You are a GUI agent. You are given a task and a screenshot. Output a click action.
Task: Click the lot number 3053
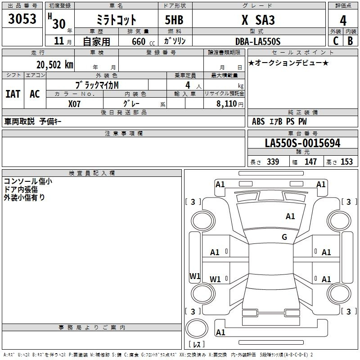(22, 19)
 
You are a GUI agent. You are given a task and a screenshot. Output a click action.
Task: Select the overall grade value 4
(343, 21)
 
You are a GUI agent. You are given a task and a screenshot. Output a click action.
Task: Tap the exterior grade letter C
(336, 41)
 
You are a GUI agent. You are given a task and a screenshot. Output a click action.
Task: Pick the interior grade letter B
(350, 41)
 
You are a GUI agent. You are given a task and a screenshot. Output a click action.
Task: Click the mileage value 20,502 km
(55, 65)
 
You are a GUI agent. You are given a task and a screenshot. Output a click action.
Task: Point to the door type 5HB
(174, 20)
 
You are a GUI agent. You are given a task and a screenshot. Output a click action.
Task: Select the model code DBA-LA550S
(258, 41)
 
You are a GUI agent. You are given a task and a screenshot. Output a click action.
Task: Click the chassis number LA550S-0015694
(302, 143)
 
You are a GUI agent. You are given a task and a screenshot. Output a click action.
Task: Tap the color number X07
(74, 104)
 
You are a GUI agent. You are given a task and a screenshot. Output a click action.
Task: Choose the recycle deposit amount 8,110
(227, 104)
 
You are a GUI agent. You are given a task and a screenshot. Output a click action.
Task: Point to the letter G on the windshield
(284, 237)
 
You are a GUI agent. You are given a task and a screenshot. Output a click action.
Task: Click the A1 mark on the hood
(290, 216)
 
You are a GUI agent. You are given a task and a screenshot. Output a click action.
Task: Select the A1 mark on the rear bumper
(220, 332)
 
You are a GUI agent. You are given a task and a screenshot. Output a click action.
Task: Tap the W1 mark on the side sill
(195, 276)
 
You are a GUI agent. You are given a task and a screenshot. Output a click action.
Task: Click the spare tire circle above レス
(197, 328)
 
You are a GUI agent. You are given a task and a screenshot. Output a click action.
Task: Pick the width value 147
(310, 162)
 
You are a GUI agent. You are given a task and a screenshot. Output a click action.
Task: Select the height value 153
(346, 162)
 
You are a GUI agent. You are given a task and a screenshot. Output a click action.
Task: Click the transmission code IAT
(13, 94)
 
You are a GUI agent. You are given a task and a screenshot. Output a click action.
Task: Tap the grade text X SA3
(258, 20)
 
